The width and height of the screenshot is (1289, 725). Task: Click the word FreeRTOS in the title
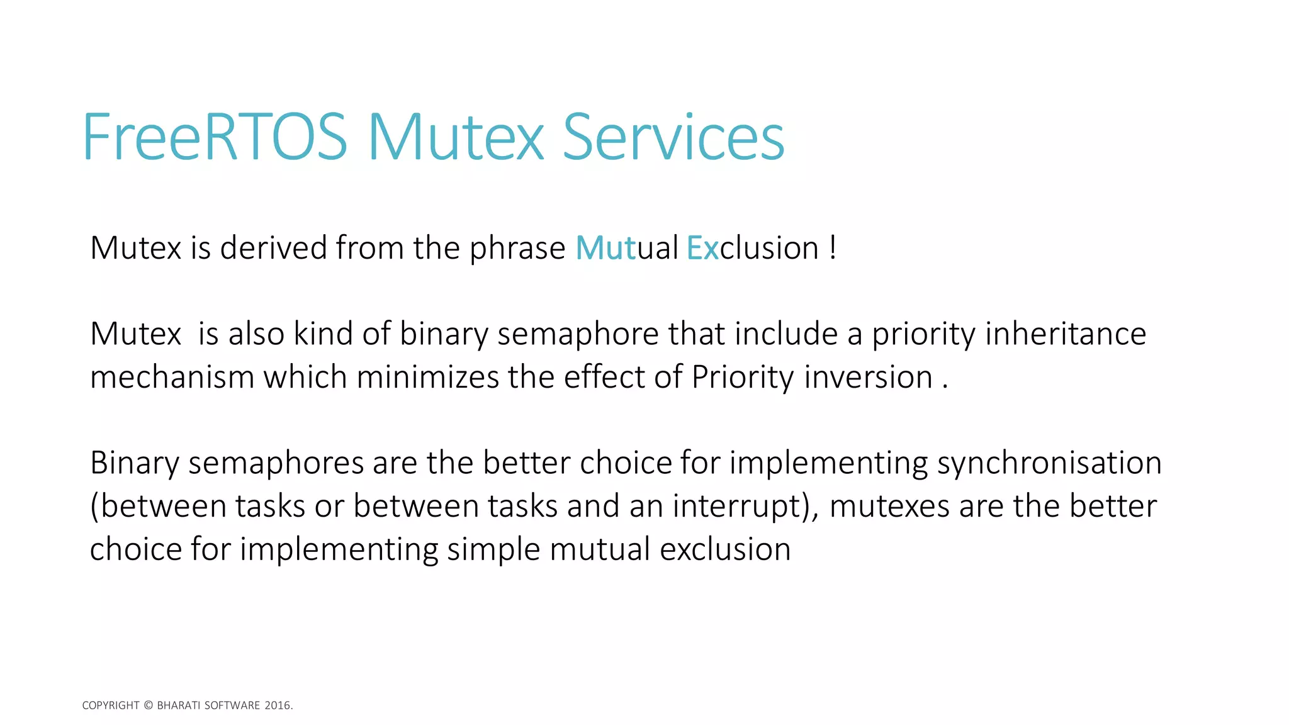(214, 137)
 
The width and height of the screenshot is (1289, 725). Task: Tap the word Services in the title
(673, 137)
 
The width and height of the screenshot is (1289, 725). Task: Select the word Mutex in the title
(455, 137)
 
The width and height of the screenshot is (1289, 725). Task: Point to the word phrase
(517, 248)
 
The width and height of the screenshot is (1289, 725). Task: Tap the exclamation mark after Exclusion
(833, 248)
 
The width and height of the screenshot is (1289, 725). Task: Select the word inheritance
(1065, 334)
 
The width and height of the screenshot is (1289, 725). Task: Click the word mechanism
(172, 378)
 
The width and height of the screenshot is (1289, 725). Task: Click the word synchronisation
(1049, 463)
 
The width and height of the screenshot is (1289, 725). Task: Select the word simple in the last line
(493, 549)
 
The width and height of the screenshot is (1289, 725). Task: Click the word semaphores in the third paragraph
(276, 463)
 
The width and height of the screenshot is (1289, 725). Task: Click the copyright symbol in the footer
(148, 705)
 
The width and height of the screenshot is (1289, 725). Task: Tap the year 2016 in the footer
(277, 705)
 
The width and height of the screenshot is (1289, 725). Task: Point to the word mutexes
(889, 507)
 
